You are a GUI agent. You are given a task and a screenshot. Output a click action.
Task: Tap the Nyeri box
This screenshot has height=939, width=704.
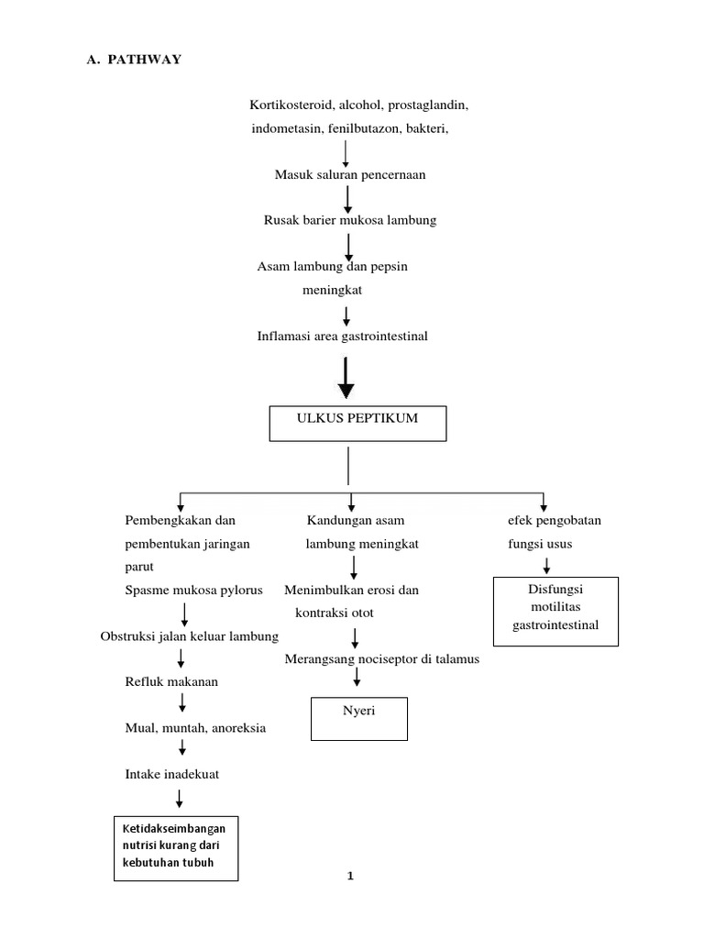click(358, 718)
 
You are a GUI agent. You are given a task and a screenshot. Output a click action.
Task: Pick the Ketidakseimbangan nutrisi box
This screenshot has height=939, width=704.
click(176, 847)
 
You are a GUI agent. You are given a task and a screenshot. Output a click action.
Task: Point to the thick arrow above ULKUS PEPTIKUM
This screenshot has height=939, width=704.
click(346, 379)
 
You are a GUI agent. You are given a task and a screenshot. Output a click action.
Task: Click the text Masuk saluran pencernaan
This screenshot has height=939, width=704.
click(350, 174)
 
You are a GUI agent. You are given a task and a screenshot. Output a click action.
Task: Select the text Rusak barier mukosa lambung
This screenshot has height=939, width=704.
click(350, 220)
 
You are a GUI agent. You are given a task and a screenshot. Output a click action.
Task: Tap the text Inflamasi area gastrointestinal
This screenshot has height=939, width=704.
click(343, 337)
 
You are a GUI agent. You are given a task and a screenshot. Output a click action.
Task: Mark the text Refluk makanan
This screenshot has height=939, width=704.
click(171, 681)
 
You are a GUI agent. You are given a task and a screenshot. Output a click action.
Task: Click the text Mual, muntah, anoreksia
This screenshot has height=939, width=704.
click(195, 728)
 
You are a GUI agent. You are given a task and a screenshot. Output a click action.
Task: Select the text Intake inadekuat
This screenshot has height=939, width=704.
click(171, 774)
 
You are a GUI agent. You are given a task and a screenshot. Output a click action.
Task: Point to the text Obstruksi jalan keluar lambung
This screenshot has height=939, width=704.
click(189, 636)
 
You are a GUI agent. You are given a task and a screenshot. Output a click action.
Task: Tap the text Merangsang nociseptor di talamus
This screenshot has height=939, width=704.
click(381, 659)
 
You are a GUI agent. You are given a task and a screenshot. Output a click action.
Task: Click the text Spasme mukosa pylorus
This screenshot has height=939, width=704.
click(193, 590)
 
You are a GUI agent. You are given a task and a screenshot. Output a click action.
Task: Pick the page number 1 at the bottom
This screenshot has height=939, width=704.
click(350, 876)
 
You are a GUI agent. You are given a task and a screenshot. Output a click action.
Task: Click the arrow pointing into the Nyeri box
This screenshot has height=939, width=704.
click(357, 678)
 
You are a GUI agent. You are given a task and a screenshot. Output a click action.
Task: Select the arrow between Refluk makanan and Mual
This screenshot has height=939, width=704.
click(183, 703)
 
